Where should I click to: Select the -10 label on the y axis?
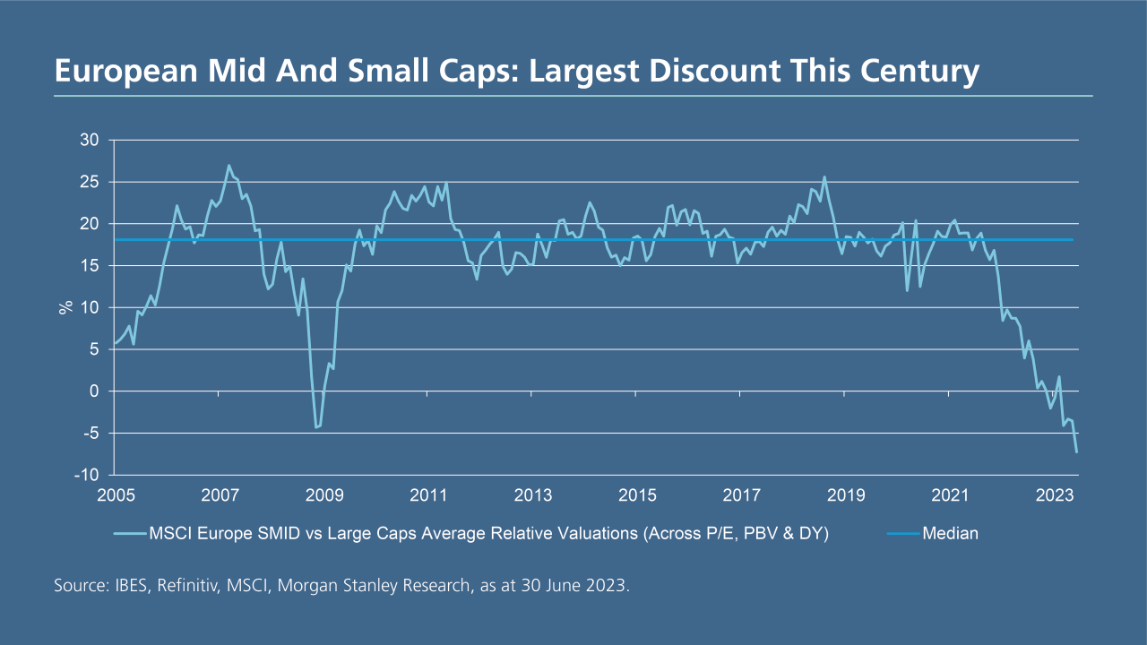pos(88,475)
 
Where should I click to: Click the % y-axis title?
pos(65,307)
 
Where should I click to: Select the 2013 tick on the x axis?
pos(533,495)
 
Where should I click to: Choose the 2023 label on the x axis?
pos(1056,495)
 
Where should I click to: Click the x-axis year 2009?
pos(324,495)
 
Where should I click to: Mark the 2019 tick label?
pos(847,495)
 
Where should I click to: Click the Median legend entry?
pos(950,534)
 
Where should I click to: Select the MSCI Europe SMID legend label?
pos(487,534)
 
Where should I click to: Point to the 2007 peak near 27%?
pos(229,166)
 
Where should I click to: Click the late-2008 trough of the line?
pos(315,427)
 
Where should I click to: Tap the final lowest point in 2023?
pos(1075,451)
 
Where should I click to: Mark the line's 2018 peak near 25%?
pos(824,177)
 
